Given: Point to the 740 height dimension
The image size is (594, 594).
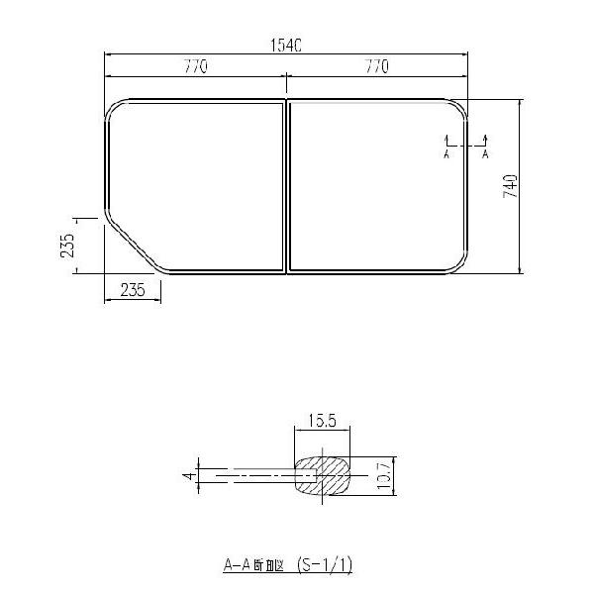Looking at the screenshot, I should (x=510, y=186).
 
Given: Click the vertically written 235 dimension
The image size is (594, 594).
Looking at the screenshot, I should (x=66, y=246).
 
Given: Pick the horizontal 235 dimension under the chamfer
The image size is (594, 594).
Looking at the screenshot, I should (x=133, y=289).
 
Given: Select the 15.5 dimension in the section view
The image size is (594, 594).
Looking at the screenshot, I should (x=323, y=421).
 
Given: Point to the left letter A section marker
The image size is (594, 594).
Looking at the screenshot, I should (x=446, y=154).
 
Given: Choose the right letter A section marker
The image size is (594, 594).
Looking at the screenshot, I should (x=485, y=154).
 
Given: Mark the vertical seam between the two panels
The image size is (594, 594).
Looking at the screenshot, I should (x=286, y=185).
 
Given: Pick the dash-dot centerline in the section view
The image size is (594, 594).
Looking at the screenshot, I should (x=257, y=476).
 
